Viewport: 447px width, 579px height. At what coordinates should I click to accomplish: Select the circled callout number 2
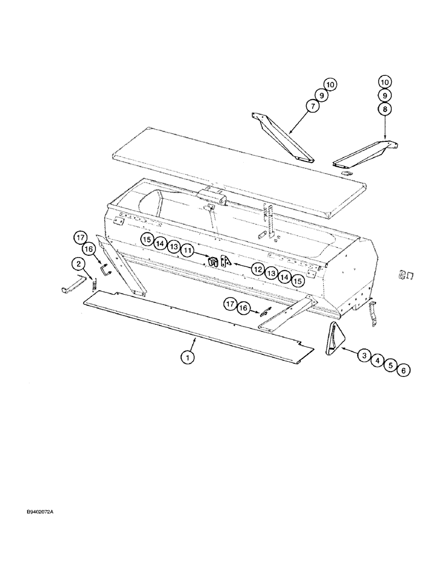point(76,264)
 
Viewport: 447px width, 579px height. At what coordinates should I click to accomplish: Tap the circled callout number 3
point(363,356)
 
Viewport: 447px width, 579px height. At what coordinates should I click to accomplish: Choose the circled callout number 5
point(391,366)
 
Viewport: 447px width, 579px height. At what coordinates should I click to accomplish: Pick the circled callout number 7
point(313,107)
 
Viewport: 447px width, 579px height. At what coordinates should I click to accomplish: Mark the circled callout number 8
point(385,108)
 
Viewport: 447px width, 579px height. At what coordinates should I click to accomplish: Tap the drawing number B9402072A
point(43,512)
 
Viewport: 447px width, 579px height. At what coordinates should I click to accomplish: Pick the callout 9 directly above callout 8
point(385,94)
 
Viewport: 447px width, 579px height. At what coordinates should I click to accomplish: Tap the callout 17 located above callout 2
point(80,237)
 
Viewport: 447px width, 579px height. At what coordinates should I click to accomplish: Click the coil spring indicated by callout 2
point(92,281)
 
